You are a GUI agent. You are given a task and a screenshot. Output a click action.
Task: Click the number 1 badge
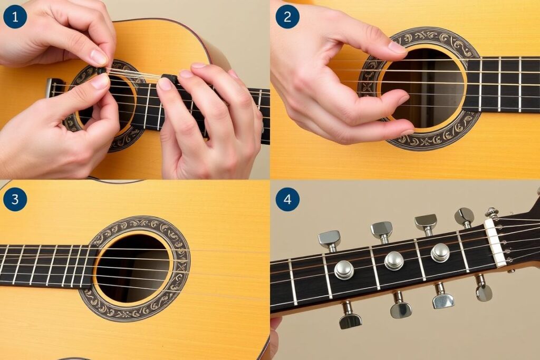pyautogui.click(x=15, y=16)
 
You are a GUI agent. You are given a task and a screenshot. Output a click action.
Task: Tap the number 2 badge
pyautogui.click(x=287, y=16)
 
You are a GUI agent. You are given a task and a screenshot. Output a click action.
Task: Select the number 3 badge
pyautogui.click(x=15, y=199)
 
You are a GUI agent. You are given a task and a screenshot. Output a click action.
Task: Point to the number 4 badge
pyautogui.click(x=287, y=199)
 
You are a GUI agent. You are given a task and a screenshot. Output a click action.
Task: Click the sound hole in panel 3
pyautogui.click(x=132, y=268)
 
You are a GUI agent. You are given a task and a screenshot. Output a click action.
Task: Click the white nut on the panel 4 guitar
pyautogui.click(x=495, y=243)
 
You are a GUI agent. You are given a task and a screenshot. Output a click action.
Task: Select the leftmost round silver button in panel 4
pyautogui.click(x=344, y=269)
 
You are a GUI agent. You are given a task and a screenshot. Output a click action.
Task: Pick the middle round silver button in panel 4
pyautogui.click(x=394, y=260)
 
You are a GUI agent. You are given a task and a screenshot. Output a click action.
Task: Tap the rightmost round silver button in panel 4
pyautogui.click(x=440, y=252)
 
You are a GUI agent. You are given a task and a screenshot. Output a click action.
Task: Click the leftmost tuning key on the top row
pyautogui.click(x=330, y=240)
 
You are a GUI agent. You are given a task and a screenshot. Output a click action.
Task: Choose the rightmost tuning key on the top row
pyautogui.click(x=465, y=217)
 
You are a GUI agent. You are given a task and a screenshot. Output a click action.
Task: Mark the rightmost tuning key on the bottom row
pyautogui.click(x=484, y=288)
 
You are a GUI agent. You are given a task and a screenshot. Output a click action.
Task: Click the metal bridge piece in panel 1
pyautogui.click(x=50, y=88)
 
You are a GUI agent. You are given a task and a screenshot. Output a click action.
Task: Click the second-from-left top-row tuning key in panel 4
pyautogui.click(x=382, y=231)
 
